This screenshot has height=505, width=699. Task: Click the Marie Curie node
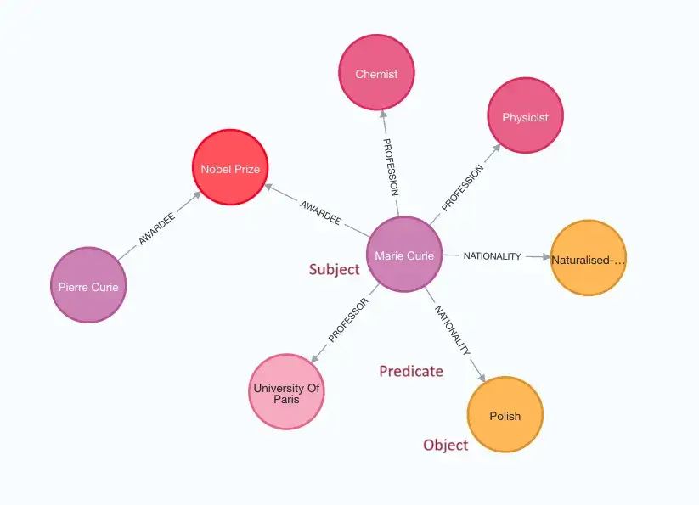coord(404,255)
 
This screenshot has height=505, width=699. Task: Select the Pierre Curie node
coord(88,286)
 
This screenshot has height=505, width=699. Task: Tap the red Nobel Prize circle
coord(230,168)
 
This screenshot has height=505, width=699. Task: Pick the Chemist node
coord(376,74)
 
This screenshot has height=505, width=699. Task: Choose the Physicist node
coord(525,117)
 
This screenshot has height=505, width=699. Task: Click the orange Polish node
coord(505,416)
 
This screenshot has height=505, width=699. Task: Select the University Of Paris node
coord(286,393)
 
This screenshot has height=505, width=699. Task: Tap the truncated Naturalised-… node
coord(588,259)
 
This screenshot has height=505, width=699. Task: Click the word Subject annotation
coord(334,270)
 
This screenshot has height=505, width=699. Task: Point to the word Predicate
coord(411,371)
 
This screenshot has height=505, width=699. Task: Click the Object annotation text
coord(445,445)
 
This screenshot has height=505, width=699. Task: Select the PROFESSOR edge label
coord(347,320)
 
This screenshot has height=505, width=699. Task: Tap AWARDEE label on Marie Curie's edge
coord(320,213)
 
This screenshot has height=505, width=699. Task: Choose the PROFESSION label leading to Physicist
coord(463,188)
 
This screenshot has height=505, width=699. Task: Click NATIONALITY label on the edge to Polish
coord(453,329)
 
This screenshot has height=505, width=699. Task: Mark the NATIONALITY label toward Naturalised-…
coord(492,256)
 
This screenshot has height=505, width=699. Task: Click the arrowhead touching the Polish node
coord(482,378)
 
